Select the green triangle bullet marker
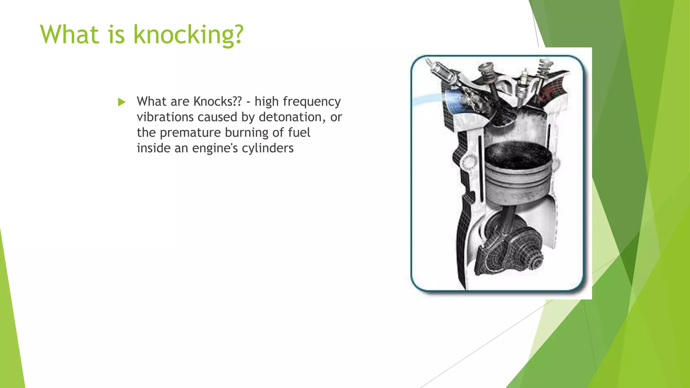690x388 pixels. point(122,102)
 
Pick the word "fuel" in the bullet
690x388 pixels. point(299,132)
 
